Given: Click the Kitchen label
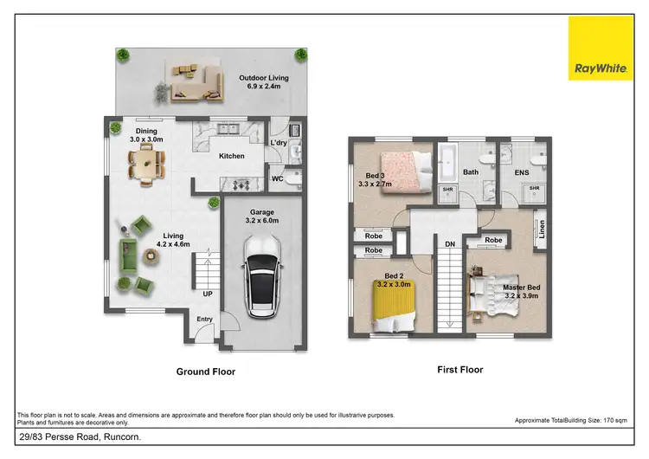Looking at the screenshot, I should (231, 157).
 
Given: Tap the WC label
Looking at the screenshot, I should (277, 179).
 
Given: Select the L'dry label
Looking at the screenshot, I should (279, 142).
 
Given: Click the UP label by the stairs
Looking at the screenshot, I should (208, 294).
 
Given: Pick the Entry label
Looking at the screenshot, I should (204, 320).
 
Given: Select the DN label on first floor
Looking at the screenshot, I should (450, 245).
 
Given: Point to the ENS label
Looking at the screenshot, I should (522, 172).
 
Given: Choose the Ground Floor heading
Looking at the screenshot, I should (206, 372).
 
